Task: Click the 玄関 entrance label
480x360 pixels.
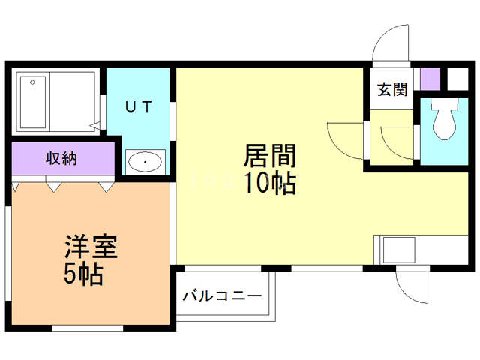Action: tap(391, 90)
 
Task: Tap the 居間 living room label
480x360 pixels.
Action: tap(268, 157)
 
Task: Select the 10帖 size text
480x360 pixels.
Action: tap(268, 184)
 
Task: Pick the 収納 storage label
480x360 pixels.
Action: tap(63, 158)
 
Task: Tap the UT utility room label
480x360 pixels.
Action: tap(139, 106)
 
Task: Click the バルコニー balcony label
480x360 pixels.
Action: tap(222, 295)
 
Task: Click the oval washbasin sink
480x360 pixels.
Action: tap(145, 161)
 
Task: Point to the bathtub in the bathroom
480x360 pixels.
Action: tap(33, 100)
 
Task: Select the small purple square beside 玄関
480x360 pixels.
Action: tap(430, 79)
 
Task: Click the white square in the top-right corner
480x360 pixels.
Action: tap(456, 79)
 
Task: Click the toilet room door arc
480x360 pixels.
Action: tap(397, 142)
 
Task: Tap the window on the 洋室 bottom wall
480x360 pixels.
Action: tap(88, 328)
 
